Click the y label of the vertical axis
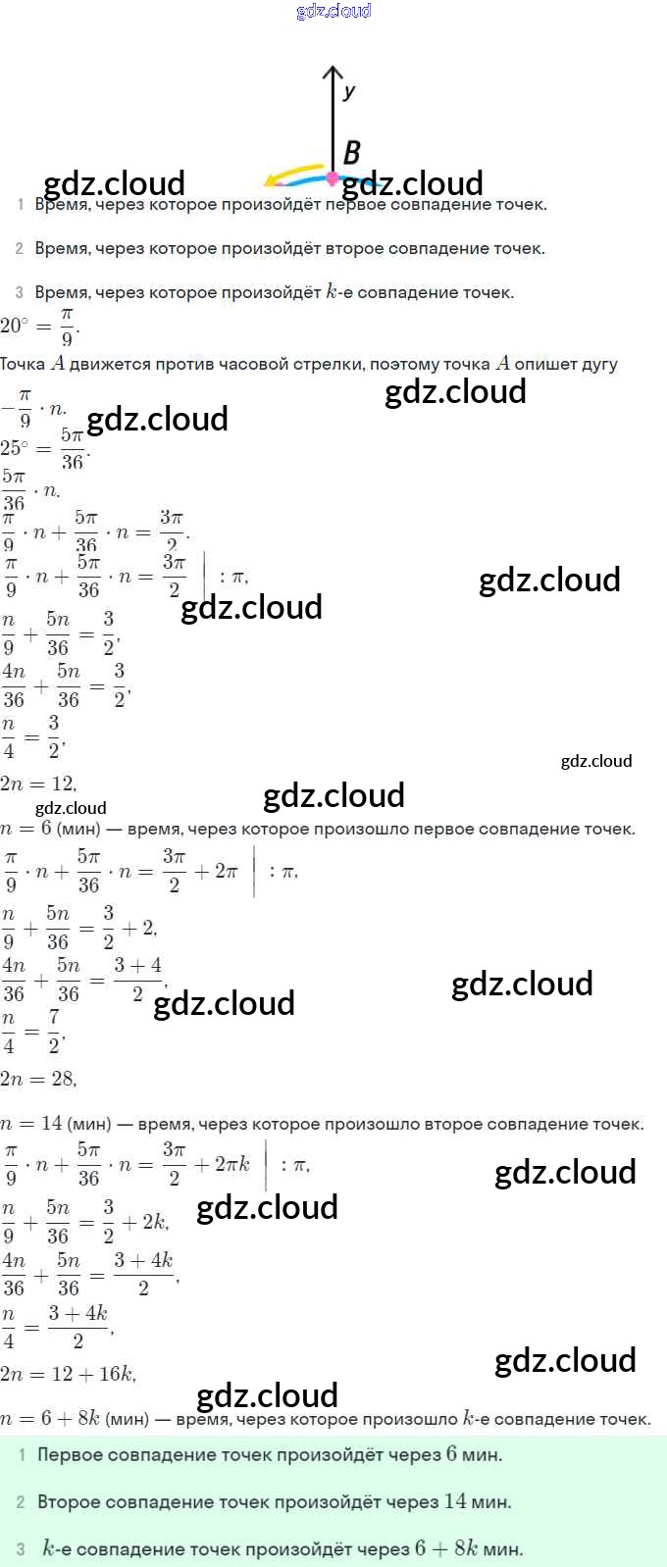349,91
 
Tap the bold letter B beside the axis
352,152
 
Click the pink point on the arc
332,178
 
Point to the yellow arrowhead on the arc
271,181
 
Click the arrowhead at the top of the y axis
333,73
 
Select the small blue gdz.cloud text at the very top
333,11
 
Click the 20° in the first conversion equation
14,326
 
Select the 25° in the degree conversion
14,448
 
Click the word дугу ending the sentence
595,364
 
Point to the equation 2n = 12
38,783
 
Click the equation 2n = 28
38,1079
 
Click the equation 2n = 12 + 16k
68,1374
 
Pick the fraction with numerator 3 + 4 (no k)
137,979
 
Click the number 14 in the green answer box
455,1500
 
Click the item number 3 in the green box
21,1549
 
